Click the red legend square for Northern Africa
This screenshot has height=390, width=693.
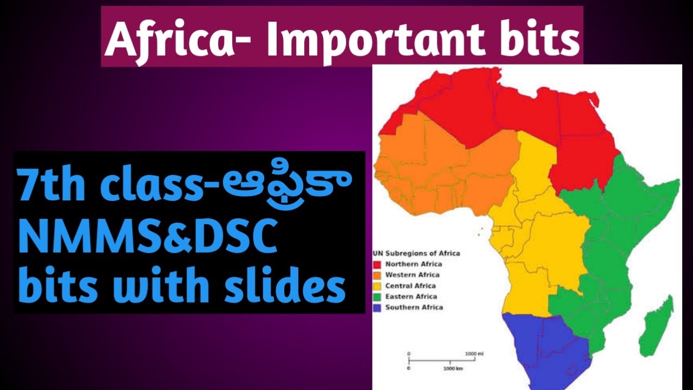click(377, 264)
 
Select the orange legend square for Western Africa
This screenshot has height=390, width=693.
click(377, 275)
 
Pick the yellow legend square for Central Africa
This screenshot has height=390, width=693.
click(377, 286)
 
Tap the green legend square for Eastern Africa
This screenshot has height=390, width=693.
click(377, 297)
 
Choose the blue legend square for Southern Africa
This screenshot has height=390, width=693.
click(377, 308)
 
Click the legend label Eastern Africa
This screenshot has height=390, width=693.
click(411, 297)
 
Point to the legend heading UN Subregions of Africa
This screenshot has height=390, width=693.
click(416, 253)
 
